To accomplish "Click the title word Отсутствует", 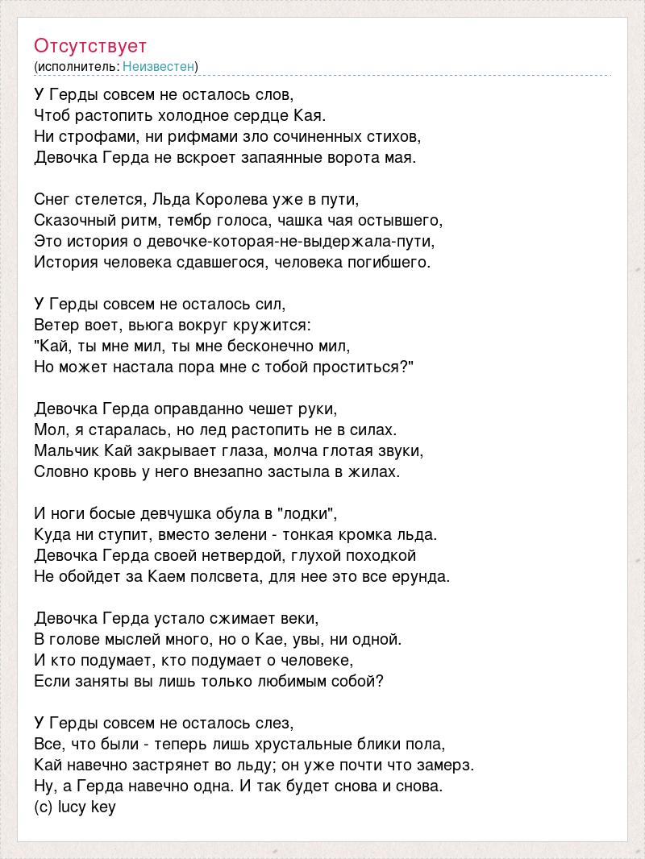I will click(90, 45).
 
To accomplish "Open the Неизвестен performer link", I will click(159, 66).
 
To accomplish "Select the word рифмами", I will click(191, 136).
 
